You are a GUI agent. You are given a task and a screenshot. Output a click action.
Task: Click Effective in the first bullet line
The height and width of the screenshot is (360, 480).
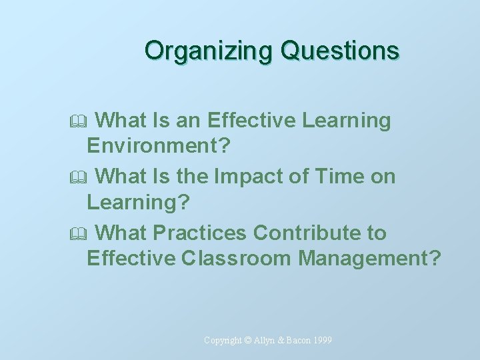(x=252, y=121)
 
